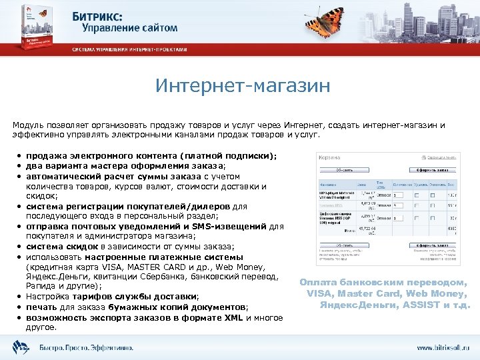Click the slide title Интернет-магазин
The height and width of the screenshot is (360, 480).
242,86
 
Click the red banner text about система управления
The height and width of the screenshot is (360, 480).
130,50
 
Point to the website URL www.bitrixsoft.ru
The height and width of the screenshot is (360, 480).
443,347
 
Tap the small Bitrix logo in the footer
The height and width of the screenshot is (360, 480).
21,347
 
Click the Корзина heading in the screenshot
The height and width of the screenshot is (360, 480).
330,157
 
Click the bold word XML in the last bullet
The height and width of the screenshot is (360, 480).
234,317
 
